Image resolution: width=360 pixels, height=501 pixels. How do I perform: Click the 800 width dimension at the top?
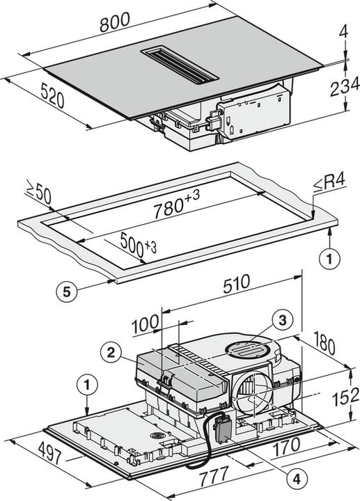(x=116, y=22)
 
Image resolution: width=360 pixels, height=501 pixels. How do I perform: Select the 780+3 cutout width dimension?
(x=173, y=207)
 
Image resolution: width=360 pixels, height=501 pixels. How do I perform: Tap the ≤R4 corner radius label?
(x=327, y=184)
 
